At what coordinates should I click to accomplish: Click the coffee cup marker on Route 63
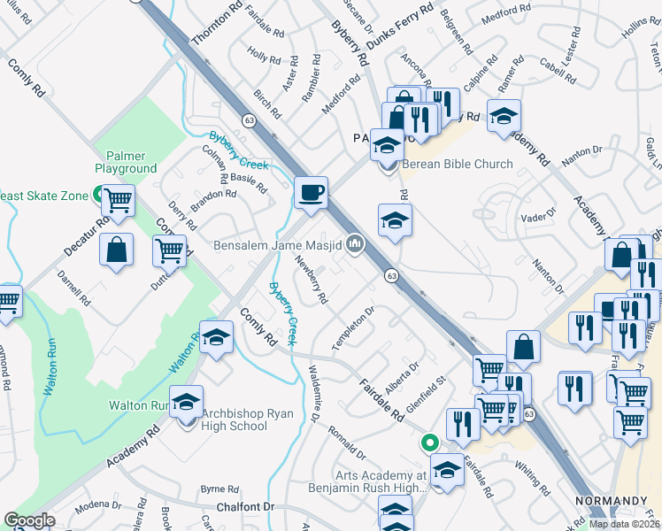click(x=311, y=192)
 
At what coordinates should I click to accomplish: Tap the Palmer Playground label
click(x=126, y=162)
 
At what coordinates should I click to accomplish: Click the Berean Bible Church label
click(x=458, y=164)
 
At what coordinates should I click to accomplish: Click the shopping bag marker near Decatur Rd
click(x=117, y=250)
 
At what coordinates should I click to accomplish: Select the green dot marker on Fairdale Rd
click(x=429, y=441)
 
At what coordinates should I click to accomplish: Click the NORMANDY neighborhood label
click(x=612, y=501)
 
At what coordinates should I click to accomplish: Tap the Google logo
click(x=28, y=519)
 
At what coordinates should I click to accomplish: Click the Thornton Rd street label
click(x=204, y=27)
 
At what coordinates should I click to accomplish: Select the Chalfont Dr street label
click(x=246, y=507)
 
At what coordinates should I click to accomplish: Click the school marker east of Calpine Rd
click(x=504, y=116)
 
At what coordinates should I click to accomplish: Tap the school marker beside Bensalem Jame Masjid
click(x=395, y=221)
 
